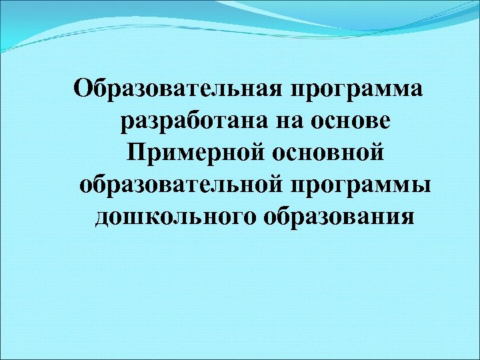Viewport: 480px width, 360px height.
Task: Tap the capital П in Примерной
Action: [x=135, y=153]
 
